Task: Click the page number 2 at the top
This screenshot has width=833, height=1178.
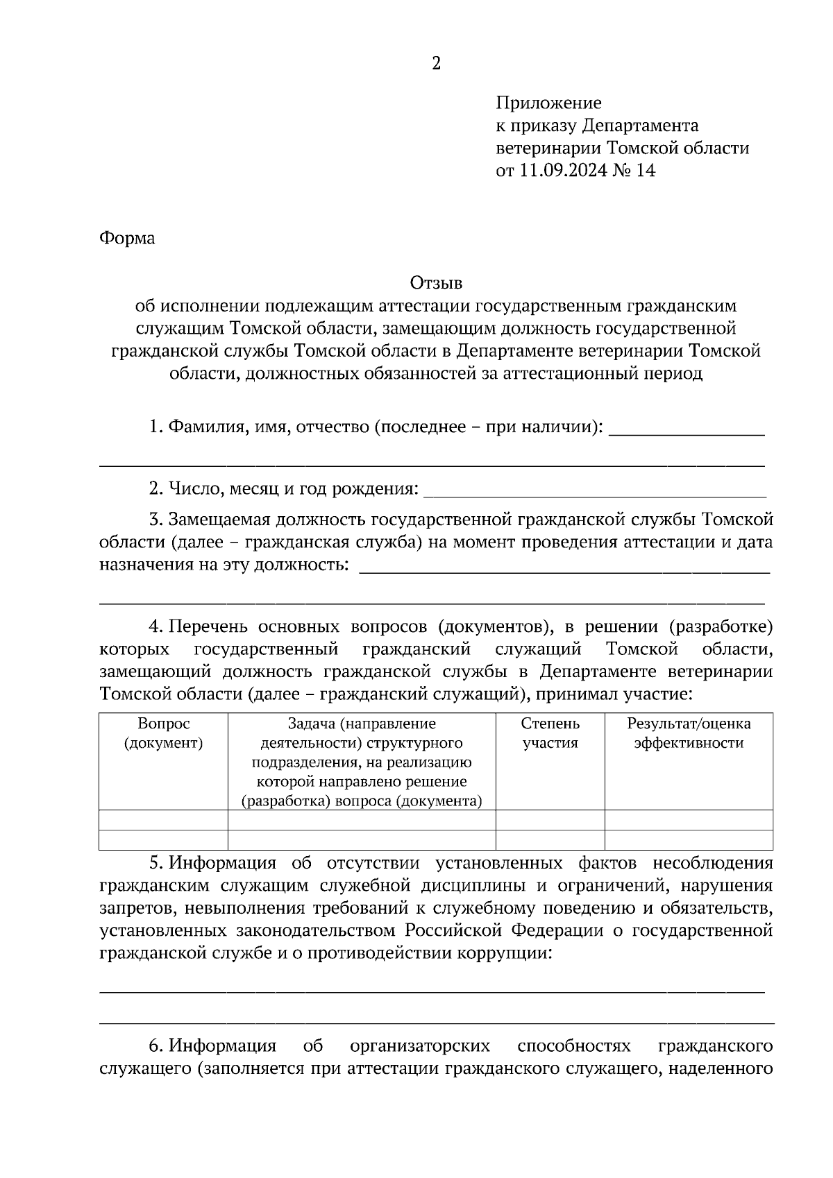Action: (436, 64)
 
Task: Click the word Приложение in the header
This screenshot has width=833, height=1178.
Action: (548, 103)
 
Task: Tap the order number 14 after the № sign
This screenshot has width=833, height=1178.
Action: (645, 171)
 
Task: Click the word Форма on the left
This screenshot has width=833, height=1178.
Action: (127, 239)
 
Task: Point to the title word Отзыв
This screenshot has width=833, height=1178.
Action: (436, 283)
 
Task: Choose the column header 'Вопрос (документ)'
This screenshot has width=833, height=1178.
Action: (164, 733)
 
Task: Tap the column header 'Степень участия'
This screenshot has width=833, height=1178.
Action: (550, 733)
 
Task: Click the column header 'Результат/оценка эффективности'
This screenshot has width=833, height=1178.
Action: (689, 733)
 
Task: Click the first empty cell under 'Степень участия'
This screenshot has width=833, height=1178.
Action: (550, 820)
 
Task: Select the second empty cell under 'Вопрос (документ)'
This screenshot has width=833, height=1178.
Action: (164, 840)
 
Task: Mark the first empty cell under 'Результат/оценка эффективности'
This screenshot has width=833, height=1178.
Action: (689, 820)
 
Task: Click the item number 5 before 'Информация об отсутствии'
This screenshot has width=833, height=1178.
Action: (154, 864)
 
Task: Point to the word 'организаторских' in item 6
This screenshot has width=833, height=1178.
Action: (420, 1045)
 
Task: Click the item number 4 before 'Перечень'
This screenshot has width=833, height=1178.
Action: (155, 627)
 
